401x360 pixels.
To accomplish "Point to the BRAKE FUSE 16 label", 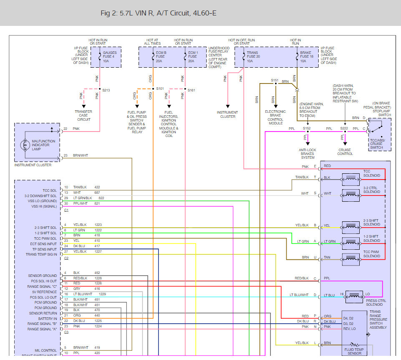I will coord(306,56).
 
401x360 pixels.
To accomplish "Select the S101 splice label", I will coord(159,89).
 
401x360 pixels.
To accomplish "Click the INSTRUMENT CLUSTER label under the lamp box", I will coord(33,165).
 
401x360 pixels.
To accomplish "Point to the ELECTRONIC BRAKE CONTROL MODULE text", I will coord(275,117).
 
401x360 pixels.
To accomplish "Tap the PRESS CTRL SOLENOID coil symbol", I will coord(354,295).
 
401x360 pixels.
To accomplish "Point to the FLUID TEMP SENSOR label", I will coord(355,351).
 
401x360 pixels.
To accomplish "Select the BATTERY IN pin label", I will coord(47,319).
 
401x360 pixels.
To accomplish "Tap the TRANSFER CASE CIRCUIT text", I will coord(83,115).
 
